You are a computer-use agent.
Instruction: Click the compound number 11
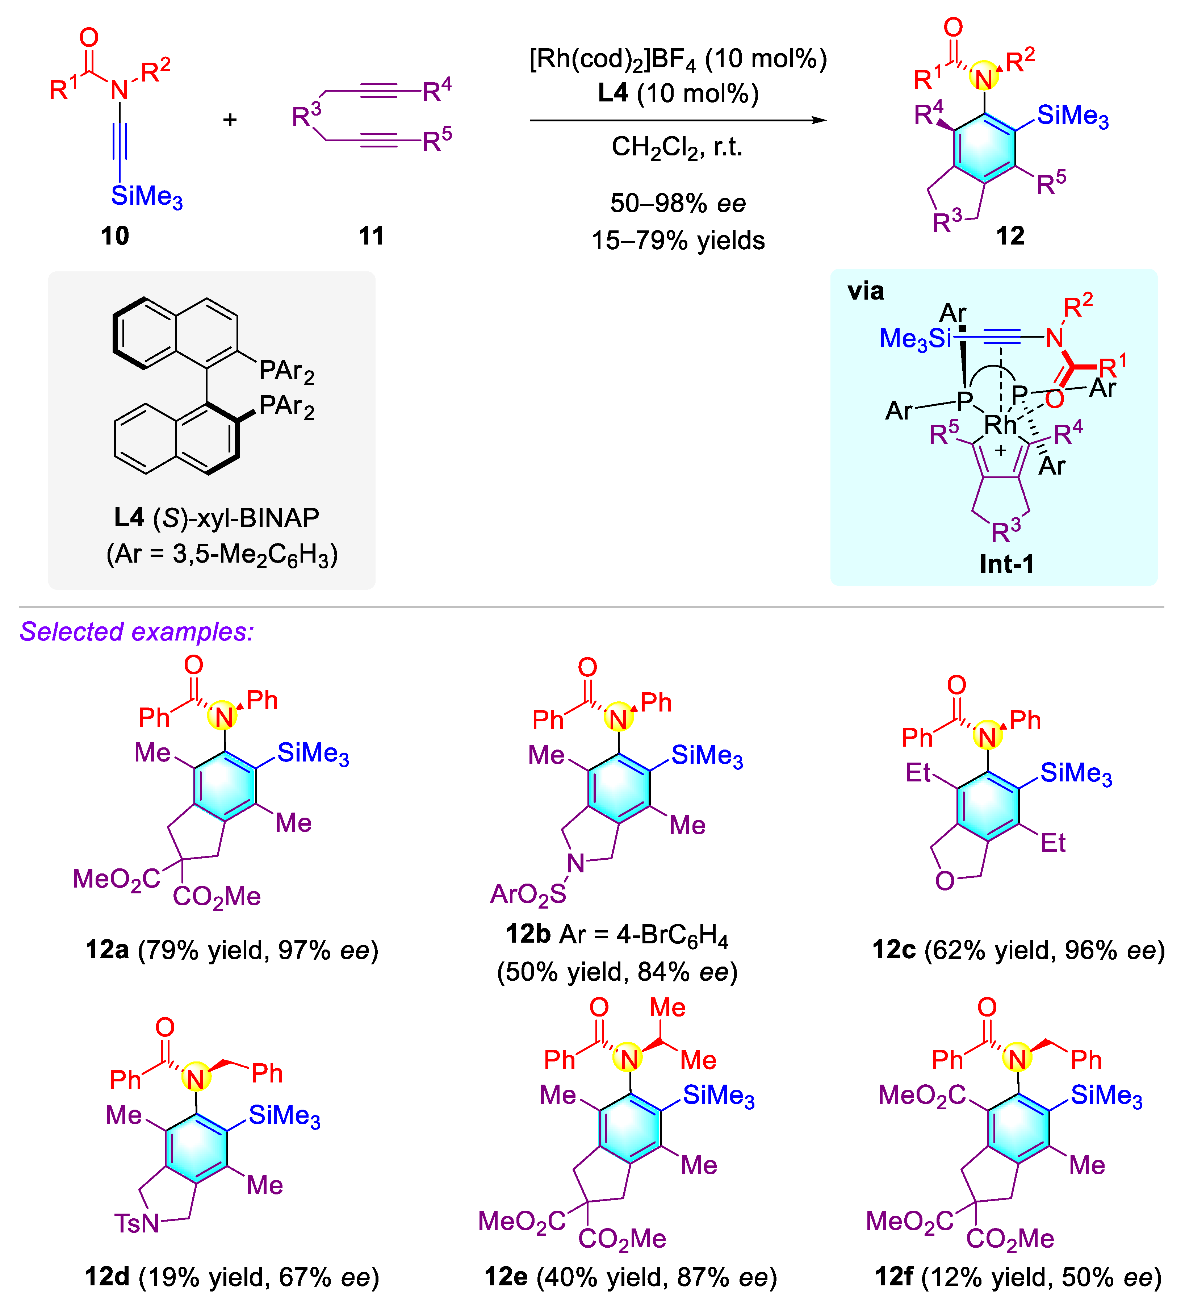pyautogui.click(x=372, y=236)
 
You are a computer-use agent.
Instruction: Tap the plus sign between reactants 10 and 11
pyautogui.click(x=230, y=120)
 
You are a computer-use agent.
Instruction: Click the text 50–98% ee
pyautogui.click(x=677, y=203)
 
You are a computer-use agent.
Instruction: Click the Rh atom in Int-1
pyautogui.click(x=1000, y=425)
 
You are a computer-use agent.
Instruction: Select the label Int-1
pyautogui.click(x=1006, y=564)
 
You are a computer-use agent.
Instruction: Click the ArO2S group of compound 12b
pyautogui.click(x=528, y=894)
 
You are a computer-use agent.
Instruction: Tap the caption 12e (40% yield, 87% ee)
pyautogui.click(x=630, y=1277)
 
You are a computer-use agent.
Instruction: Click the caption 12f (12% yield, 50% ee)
pyautogui.click(x=1018, y=1277)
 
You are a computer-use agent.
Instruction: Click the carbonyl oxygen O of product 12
pyautogui.click(x=952, y=27)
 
